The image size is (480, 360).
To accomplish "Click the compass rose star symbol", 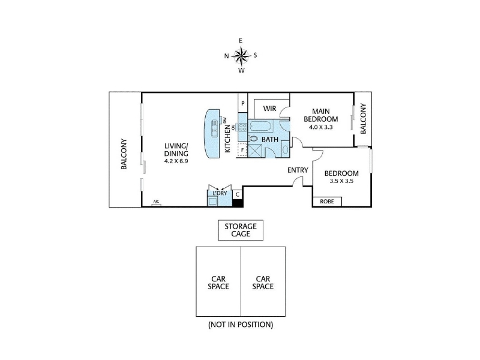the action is (242, 56).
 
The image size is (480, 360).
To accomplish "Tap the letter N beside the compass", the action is (227, 56).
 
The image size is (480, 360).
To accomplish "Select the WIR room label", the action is (269, 109).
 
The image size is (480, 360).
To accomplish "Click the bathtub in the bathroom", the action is (260, 126).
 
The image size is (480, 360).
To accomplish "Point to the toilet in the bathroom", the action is (253, 139).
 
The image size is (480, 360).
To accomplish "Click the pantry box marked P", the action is (243, 103).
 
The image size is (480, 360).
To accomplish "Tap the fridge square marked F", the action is (242, 150).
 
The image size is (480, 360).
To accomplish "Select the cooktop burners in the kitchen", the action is (243, 127).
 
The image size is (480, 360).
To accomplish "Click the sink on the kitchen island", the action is (214, 130).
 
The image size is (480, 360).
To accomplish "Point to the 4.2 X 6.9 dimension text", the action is (176, 161).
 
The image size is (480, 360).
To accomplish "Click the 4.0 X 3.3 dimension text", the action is (321, 127).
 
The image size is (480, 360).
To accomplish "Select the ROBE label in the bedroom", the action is (326, 202).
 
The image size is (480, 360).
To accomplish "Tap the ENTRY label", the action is (298, 170).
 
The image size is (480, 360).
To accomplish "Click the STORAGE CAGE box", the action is (241, 230).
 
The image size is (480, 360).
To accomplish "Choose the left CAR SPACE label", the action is (218, 283).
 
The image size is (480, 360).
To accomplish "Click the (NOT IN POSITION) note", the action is (241, 325).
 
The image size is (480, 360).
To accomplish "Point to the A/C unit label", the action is (156, 202).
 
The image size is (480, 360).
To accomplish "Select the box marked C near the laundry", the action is (238, 194).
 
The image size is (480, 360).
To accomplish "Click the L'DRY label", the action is (220, 193).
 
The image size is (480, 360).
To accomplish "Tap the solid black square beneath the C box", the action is (238, 203).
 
